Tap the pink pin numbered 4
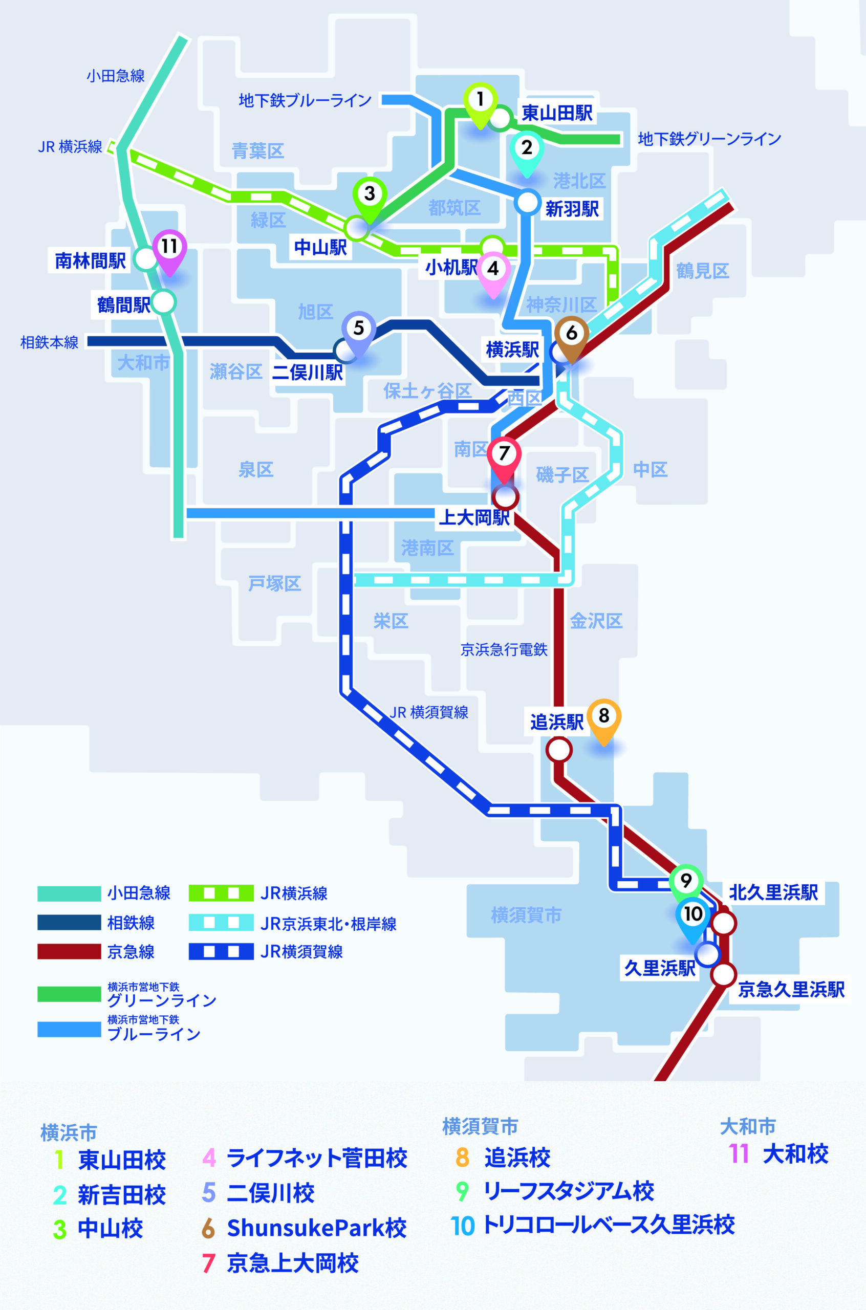click(493, 273)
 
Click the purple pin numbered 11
click(169, 251)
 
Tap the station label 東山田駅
click(557, 113)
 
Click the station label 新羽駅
click(572, 209)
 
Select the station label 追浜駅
click(557, 722)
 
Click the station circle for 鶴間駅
click(163, 302)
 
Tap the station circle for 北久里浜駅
click(724, 923)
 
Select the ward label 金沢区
click(596, 621)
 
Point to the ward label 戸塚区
click(274, 583)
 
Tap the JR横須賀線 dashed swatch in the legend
click(221, 951)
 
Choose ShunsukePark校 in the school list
click(316, 1228)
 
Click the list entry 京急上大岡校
click(293, 1263)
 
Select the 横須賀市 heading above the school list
click(480, 1126)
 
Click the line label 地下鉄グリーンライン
click(709, 139)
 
